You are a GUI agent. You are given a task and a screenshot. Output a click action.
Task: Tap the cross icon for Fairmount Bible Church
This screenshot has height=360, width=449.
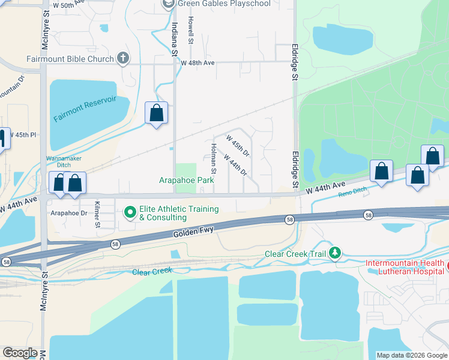click(x=124, y=58)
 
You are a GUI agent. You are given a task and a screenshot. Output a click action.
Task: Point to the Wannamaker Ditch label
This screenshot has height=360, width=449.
click(x=63, y=162)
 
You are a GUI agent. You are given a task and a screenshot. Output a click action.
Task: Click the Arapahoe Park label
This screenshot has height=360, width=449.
click(x=186, y=180)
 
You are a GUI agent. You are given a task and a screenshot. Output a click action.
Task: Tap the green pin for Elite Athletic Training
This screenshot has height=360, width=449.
click(x=130, y=212)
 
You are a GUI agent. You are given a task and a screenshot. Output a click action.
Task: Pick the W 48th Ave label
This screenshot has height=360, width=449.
click(x=197, y=63)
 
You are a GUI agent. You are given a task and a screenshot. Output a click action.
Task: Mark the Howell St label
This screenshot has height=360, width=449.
click(x=190, y=29)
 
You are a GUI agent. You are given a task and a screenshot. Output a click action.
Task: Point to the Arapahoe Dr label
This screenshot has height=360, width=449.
click(x=70, y=212)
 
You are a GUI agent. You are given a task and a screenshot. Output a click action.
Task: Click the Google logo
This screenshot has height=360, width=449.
click(x=20, y=352)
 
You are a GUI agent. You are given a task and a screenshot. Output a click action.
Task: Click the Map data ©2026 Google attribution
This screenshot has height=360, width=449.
click(x=412, y=355)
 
